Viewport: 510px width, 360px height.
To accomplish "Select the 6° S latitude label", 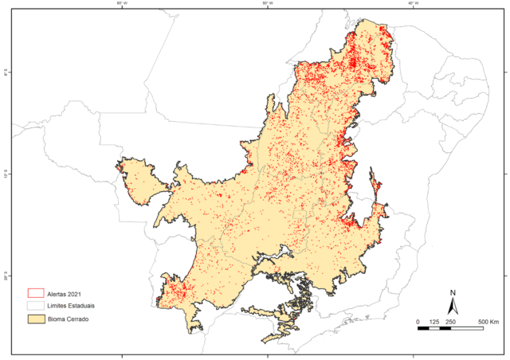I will point(6,72).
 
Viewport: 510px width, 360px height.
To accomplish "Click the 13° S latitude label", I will point(6,173).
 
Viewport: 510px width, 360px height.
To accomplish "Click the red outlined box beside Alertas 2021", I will point(35,292).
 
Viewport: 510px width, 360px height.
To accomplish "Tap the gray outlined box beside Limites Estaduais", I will point(35,305).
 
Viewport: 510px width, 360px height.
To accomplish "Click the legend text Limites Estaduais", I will point(73,305).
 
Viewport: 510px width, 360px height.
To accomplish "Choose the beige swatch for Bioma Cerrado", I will point(35,319).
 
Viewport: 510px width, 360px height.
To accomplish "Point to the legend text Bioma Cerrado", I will point(69,319).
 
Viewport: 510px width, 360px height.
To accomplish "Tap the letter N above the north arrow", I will point(453,292).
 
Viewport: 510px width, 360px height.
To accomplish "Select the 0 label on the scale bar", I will point(418,321).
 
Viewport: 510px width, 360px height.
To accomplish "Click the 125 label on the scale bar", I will point(433,321).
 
